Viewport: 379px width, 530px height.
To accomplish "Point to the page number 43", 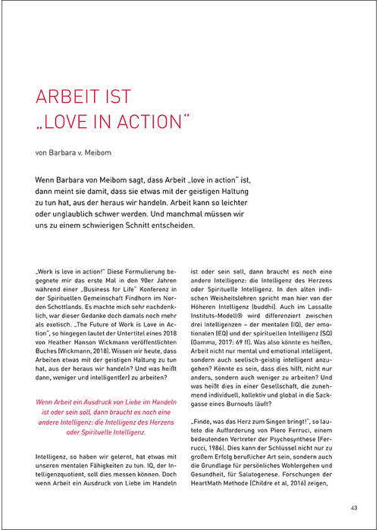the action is click(x=354, y=507).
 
